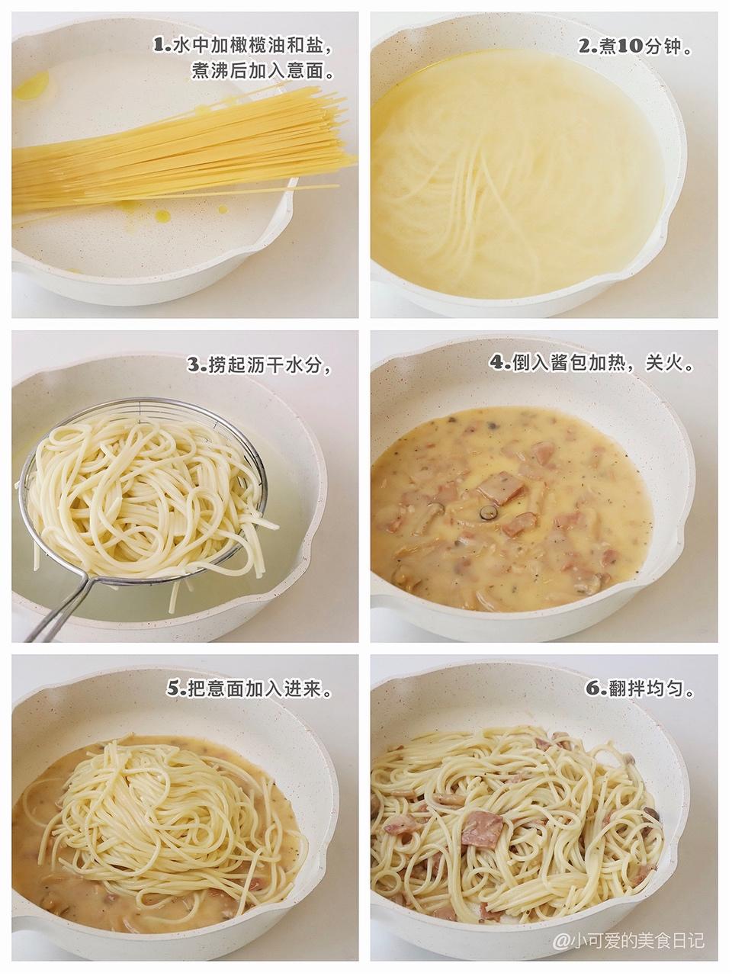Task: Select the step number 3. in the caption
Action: point(197,365)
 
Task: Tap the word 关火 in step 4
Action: point(667,363)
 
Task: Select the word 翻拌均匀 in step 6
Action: point(648,689)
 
